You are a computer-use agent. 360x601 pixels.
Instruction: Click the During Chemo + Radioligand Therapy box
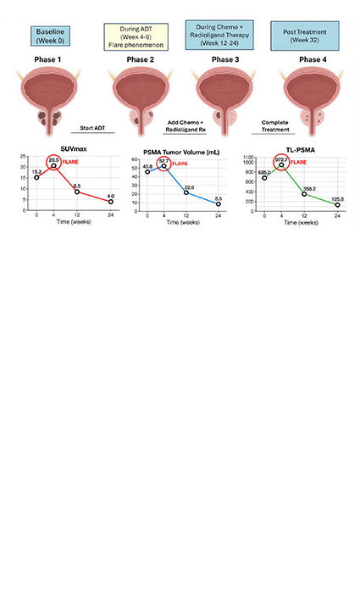click(x=219, y=35)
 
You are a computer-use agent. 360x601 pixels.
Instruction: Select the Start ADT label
click(x=96, y=127)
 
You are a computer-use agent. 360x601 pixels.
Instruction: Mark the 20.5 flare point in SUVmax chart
click(x=54, y=166)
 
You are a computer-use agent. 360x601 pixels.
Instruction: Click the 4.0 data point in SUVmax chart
click(x=110, y=202)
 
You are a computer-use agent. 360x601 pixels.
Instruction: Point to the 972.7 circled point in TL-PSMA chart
click(x=282, y=165)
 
